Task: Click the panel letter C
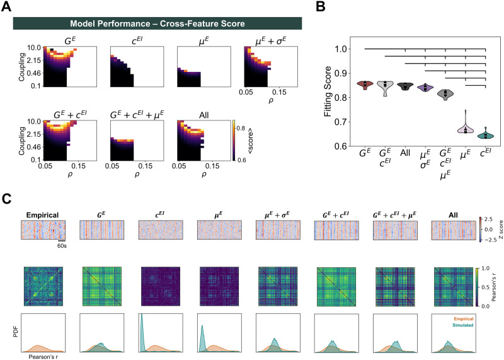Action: click(6, 199)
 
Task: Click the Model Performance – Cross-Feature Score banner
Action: click(157, 23)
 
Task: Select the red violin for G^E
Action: click(365, 84)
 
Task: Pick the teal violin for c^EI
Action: click(485, 134)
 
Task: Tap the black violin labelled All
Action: click(405, 86)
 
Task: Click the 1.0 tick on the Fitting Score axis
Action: click(341, 49)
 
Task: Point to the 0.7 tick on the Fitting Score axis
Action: click(341, 122)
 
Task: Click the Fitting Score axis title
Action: click(328, 91)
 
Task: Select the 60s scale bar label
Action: click(62, 246)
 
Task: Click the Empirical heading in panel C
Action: click(42, 215)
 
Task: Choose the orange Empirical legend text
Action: click(464, 319)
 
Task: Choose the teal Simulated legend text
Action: click(463, 325)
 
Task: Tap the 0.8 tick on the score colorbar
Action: click(241, 129)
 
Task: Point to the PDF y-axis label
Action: click(16, 333)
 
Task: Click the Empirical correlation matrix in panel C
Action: click(43, 286)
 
